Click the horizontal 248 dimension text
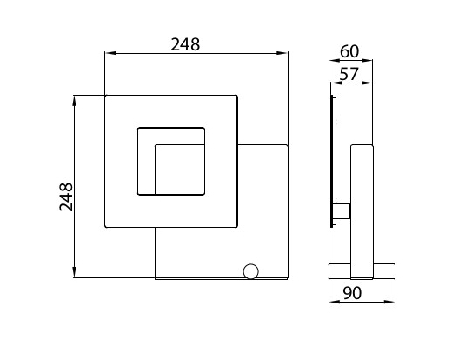(x=185, y=44)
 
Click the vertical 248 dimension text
(x=66, y=197)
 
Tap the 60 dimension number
(x=349, y=51)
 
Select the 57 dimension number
(x=349, y=74)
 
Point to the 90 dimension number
(x=352, y=293)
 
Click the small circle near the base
(x=250, y=271)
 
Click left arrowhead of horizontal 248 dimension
(x=110, y=53)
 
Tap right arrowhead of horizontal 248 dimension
(x=282, y=53)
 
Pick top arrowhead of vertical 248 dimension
(x=75, y=101)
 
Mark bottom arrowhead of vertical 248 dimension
(x=75, y=272)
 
